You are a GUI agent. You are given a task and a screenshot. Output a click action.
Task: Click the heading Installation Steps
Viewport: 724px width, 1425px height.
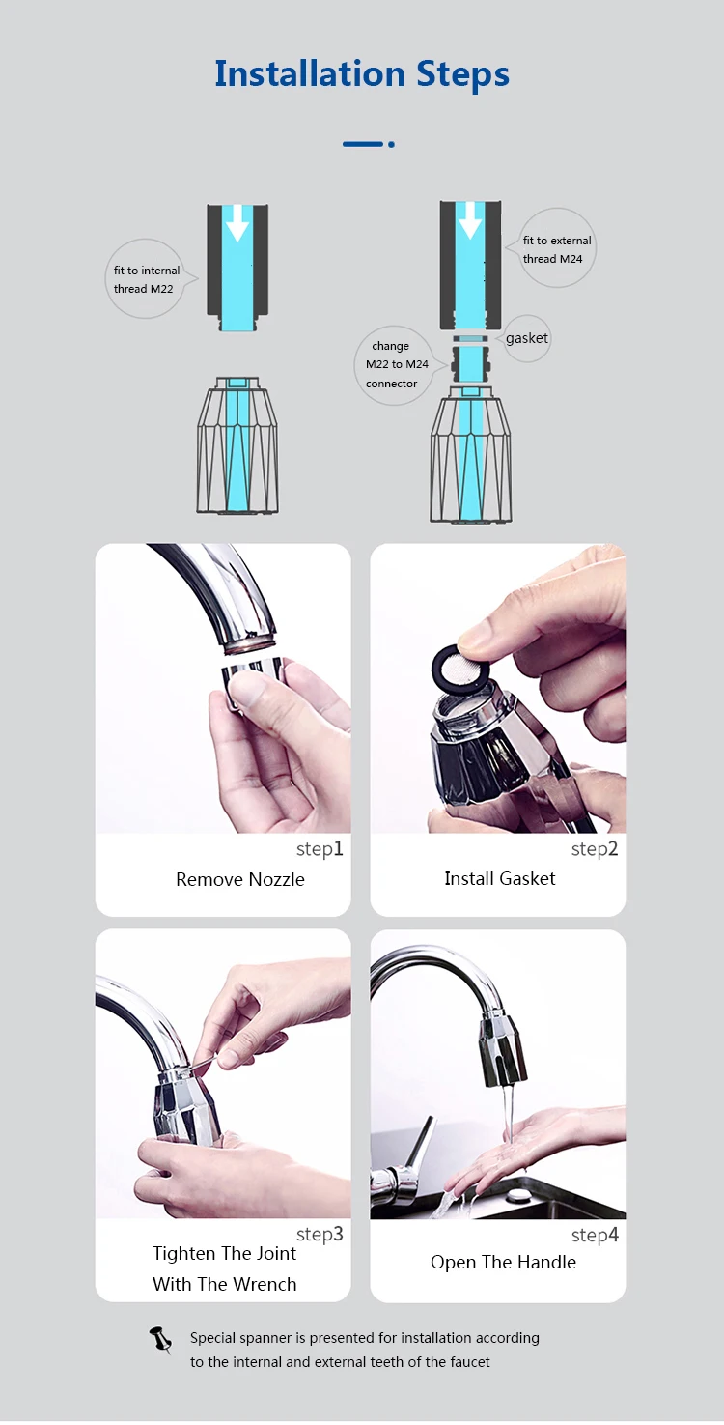point(362,74)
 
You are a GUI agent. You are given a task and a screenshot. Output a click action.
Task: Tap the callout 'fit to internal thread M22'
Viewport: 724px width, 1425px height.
point(146,279)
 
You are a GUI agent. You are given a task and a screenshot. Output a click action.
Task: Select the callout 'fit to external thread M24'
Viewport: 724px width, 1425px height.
point(557,249)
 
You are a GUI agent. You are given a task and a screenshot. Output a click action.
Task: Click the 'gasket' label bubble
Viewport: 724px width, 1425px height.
point(527,338)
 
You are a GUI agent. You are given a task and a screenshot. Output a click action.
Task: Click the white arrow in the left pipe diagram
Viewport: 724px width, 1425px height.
point(237,226)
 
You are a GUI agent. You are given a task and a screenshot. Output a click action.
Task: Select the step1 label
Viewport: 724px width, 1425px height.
point(320,849)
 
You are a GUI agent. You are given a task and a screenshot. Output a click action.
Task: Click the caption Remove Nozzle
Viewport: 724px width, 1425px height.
point(240,879)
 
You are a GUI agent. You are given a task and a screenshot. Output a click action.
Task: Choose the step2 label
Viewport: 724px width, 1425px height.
point(594,849)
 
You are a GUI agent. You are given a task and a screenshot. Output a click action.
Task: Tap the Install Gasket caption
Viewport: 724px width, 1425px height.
point(500,878)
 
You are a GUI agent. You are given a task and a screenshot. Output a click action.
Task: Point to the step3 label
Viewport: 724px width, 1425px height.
point(320,1234)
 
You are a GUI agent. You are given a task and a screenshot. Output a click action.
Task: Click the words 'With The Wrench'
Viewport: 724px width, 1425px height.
point(225,1284)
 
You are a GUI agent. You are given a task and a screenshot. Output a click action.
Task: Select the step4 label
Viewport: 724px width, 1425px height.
point(594,1235)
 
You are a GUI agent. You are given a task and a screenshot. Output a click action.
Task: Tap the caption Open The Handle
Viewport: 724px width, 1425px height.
point(503,1262)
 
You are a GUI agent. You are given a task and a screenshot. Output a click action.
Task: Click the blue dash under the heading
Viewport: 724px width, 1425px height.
point(364,144)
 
